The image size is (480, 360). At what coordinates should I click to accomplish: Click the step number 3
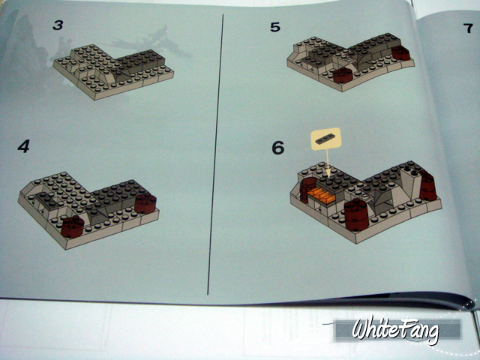click(58, 25)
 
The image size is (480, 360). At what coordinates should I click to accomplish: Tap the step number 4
click(23, 147)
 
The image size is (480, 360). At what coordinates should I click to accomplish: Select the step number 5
click(275, 27)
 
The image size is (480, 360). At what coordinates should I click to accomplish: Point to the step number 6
click(278, 148)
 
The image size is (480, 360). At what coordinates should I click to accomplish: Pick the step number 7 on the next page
click(468, 28)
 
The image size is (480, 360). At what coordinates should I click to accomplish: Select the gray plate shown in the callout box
click(326, 139)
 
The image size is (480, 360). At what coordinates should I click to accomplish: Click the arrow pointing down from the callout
click(328, 163)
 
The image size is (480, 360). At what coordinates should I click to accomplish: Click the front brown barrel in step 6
click(356, 214)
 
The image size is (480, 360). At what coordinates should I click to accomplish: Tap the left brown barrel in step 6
click(307, 189)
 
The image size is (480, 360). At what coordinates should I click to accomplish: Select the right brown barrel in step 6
click(428, 187)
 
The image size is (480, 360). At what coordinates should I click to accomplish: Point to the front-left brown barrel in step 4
click(72, 226)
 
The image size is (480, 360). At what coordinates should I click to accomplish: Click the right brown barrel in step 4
click(145, 203)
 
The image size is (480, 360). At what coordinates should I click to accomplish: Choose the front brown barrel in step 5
click(343, 75)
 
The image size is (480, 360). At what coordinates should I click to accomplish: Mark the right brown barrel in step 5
click(400, 53)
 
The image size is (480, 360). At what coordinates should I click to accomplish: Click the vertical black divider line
click(215, 154)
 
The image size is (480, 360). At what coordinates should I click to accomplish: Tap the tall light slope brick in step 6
click(411, 183)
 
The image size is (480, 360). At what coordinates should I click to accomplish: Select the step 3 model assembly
click(113, 72)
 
